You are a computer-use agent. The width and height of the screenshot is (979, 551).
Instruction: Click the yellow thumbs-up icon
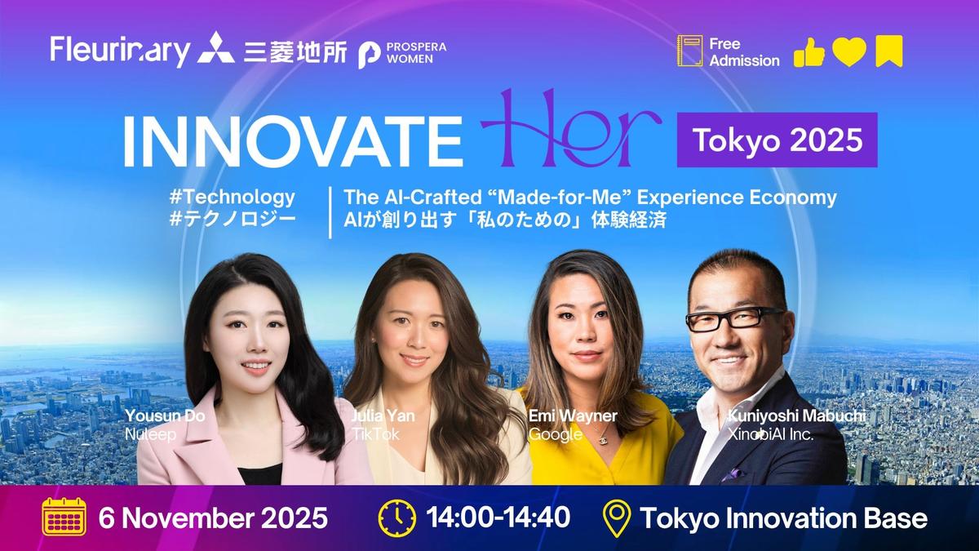tap(808, 52)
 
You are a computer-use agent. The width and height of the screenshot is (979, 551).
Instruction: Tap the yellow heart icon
tap(848, 52)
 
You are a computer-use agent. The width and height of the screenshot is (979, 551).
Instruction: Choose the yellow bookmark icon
tap(888, 52)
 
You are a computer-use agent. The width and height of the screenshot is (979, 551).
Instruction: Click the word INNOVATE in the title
tap(292, 140)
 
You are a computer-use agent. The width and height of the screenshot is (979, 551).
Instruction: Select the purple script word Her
tap(571, 131)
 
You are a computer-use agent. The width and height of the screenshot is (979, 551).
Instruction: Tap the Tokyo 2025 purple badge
tap(777, 140)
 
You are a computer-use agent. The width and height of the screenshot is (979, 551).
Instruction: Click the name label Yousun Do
tap(165, 416)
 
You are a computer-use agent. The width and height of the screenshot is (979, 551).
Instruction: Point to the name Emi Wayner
tap(573, 416)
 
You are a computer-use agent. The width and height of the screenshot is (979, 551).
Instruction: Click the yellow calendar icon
tap(64, 518)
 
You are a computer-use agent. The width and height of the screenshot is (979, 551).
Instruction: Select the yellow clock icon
tap(396, 518)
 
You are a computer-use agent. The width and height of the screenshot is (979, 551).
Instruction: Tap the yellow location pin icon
tap(617, 518)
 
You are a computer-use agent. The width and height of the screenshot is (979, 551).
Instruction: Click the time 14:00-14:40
tap(498, 518)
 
